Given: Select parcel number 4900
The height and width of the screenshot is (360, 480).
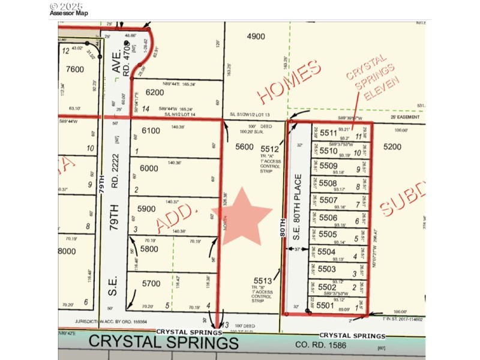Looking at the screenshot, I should [x=256, y=37].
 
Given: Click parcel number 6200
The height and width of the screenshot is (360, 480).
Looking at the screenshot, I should [x=155, y=92].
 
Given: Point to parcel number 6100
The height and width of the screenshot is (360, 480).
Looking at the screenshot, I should [x=151, y=131].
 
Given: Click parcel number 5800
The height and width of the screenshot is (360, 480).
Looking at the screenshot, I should [x=150, y=248].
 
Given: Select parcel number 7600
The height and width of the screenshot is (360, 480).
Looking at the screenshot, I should [x=75, y=69].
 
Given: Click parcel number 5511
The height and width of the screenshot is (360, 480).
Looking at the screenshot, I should [x=329, y=133].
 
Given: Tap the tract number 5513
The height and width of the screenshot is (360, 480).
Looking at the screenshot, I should [x=263, y=280].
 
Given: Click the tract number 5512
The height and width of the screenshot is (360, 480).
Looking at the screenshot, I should [x=271, y=149].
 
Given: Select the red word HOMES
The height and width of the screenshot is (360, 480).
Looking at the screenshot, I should [x=289, y=82].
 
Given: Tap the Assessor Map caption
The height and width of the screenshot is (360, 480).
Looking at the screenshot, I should [x=68, y=13].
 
